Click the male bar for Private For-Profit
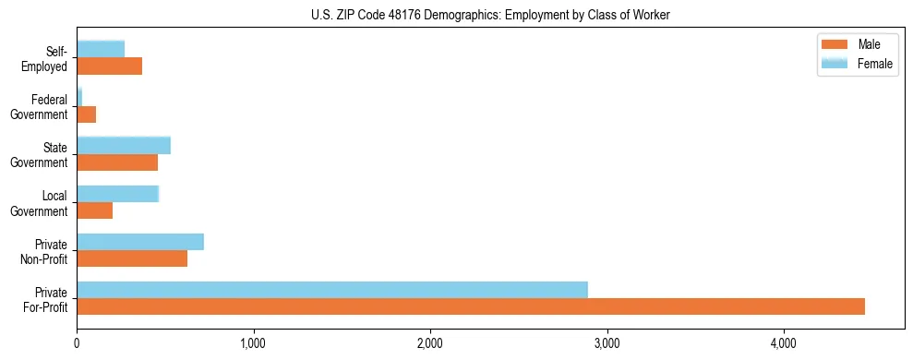pos(471,306)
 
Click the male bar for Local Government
pos(95,210)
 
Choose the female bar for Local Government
pos(118,194)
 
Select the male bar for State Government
pos(117,162)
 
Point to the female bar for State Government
pos(124,146)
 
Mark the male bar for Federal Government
pos(87,114)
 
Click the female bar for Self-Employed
pos(101,50)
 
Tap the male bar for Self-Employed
pos(110,66)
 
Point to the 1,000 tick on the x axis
pos(253,344)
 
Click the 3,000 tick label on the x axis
pos(607,344)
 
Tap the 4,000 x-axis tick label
pos(783,344)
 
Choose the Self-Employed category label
pos(46,58)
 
